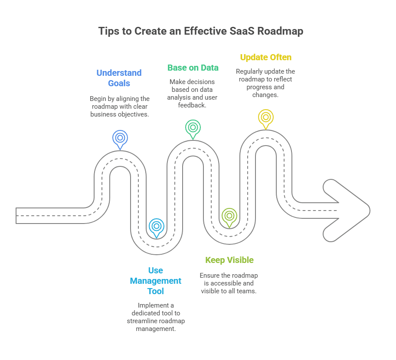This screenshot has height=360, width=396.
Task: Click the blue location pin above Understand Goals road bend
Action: (x=120, y=138)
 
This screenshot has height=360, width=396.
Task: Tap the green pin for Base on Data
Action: (x=193, y=127)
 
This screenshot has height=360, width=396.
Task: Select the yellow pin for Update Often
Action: (x=265, y=117)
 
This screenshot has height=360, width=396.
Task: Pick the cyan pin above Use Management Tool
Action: (x=157, y=226)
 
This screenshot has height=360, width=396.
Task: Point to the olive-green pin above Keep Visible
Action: (x=229, y=215)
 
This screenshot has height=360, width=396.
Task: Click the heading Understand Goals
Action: (x=119, y=78)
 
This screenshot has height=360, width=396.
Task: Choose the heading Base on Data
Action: (x=193, y=68)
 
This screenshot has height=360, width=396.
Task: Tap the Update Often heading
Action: (x=265, y=57)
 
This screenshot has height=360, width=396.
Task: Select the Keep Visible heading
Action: (x=229, y=260)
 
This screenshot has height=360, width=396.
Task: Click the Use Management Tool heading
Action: (x=156, y=281)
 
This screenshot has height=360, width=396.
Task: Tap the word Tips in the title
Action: (x=109, y=31)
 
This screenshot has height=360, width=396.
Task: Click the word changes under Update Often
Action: (x=265, y=94)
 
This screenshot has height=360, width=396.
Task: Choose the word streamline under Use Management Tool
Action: (x=144, y=321)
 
